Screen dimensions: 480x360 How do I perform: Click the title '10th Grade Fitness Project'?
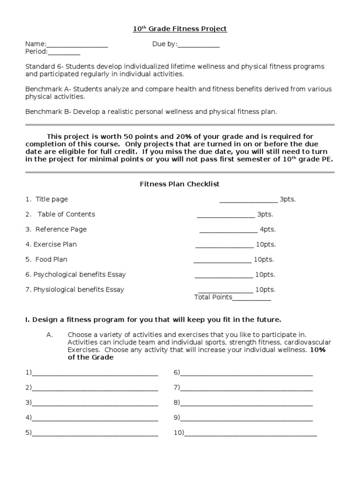(180, 29)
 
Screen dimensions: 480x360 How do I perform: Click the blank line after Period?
(64, 52)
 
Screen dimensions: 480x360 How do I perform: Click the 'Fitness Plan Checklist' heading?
(180, 184)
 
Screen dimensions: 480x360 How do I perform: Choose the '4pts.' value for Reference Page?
(268, 229)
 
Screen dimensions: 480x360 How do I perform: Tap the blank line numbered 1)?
(95, 374)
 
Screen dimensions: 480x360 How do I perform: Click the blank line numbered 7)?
(247, 389)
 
